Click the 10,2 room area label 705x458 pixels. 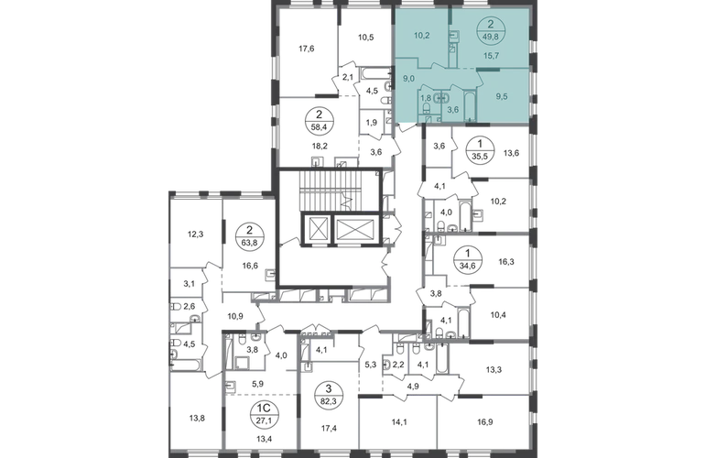pyautogui.click(x=421, y=38)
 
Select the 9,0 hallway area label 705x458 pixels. pyautogui.click(x=407, y=78)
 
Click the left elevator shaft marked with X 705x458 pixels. pyautogui.click(x=317, y=229)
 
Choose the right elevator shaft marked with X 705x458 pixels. pyautogui.click(x=353, y=229)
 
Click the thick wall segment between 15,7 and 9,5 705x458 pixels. pyautogui.click(x=502, y=70)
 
